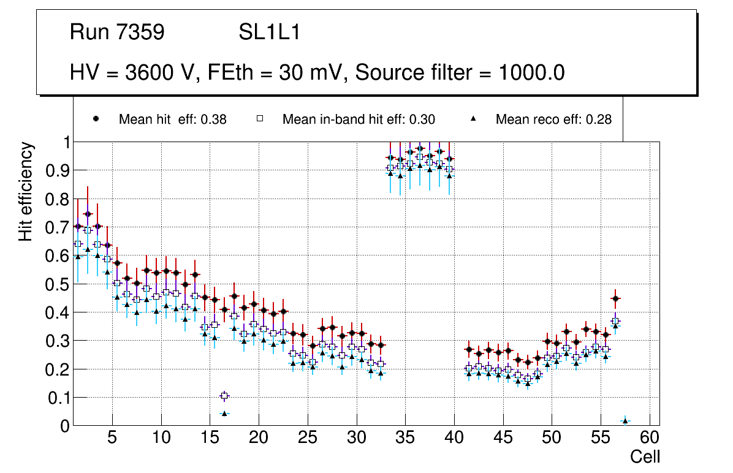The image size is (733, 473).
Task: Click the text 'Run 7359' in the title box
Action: coord(117,32)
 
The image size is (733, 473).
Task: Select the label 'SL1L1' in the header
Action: coord(269,32)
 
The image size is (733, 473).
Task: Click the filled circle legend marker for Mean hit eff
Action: coord(96,119)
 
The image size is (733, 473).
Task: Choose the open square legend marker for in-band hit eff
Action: coord(259,119)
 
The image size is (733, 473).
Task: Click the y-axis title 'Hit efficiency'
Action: coord(26,191)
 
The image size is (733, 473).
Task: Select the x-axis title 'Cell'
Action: coord(645,457)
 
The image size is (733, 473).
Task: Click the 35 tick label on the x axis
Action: coord(405,439)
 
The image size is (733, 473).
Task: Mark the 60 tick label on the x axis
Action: coord(650,439)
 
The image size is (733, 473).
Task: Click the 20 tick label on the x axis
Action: coord(259,439)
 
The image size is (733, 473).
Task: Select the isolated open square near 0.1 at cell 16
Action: coord(224,396)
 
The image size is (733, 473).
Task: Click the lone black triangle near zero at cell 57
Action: coord(625,421)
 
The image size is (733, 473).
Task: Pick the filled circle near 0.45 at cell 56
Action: coord(615,299)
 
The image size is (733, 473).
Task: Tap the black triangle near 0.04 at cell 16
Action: coord(224,414)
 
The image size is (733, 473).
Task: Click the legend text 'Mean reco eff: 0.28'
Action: coord(553,119)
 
